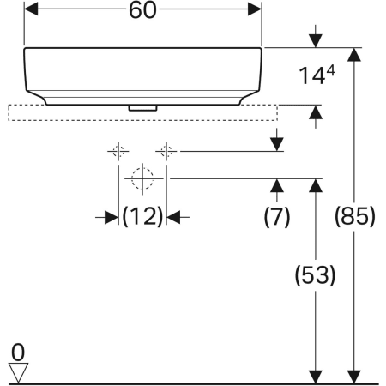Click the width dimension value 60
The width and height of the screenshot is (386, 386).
click(x=142, y=10)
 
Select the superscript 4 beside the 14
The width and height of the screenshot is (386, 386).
click(x=330, y=70)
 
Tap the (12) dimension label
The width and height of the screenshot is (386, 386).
click(x=142, y=216)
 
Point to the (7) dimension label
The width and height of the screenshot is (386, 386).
click(x=277, y=217)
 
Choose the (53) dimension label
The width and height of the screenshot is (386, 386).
click(x=315, y=275)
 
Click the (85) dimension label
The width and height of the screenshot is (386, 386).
click(x=354, y=216)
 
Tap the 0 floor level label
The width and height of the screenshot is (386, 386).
click(x=18, y=353)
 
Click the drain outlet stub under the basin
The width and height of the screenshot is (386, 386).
click(x=142, y=108)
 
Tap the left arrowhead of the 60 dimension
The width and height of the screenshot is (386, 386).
click(x=31, y=9)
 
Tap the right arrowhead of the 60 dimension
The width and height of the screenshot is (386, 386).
click(x=255, y=9)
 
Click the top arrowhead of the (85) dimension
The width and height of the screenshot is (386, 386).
click(x=354, y=55)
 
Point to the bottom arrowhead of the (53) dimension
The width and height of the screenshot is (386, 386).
click(x=316, y=377)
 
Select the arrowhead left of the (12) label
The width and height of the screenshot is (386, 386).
click(x=112, y=218)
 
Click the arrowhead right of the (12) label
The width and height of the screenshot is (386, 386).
click(x=173, y=218)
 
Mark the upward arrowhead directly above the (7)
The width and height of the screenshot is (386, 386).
click(x=277, y=185)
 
